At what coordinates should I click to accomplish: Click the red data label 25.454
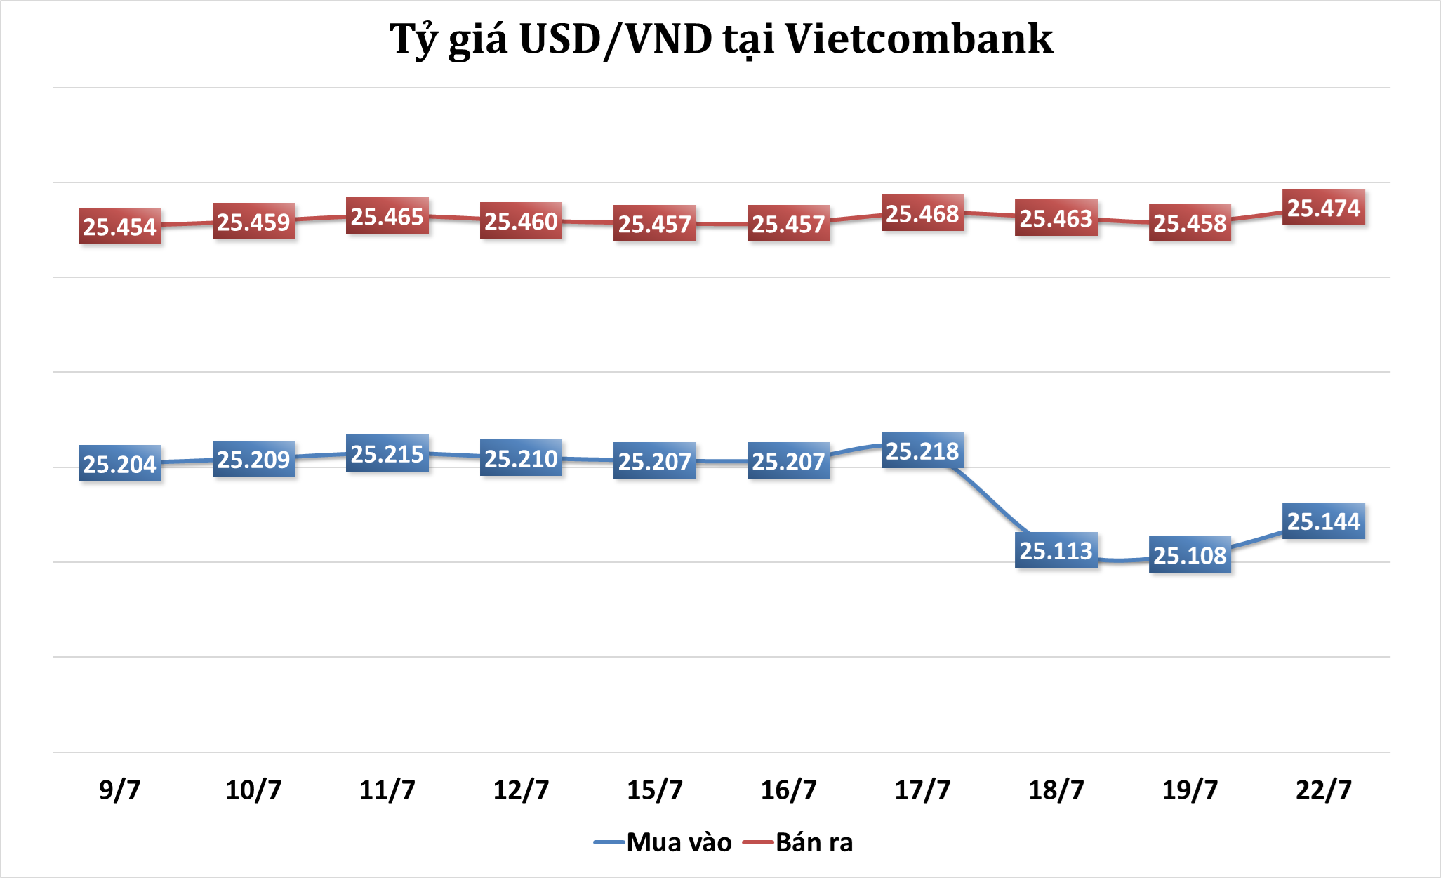tap(119, 227)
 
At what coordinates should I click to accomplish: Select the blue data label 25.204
tap(119, 464)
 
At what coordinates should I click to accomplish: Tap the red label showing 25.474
tap(1323, 208)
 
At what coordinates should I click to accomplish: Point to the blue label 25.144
tap(1323, 521)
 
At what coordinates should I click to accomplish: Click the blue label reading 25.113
tap(1056, 551)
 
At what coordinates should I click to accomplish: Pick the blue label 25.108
tap(1190, 555)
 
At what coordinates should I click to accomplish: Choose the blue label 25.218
tap(922, 451)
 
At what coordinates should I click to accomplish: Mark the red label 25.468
tap(922, 213)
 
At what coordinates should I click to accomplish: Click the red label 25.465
tap(387, 217)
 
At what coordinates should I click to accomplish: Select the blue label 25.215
tap(387, 454)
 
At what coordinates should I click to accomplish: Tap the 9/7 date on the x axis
tap(119, 790)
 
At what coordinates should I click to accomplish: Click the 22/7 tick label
tap(1323, 790)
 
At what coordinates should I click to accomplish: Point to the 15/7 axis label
tap(654, 790)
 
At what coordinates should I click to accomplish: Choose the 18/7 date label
tap(1056, 790)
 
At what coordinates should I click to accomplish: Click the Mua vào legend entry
tap(663, 842)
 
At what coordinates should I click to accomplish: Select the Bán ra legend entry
tap(800, 842)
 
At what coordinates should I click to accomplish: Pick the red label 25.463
tap(1056, 218)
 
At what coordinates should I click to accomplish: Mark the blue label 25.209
tap(253, 460)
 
